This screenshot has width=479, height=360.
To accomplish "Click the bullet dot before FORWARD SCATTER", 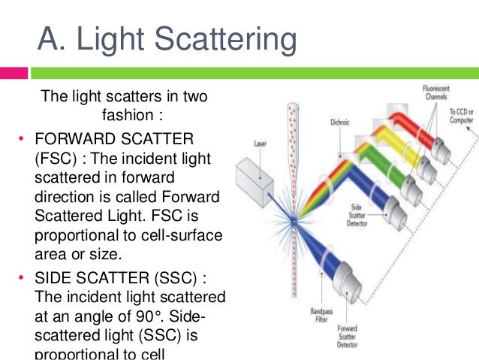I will tap(22, 139).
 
